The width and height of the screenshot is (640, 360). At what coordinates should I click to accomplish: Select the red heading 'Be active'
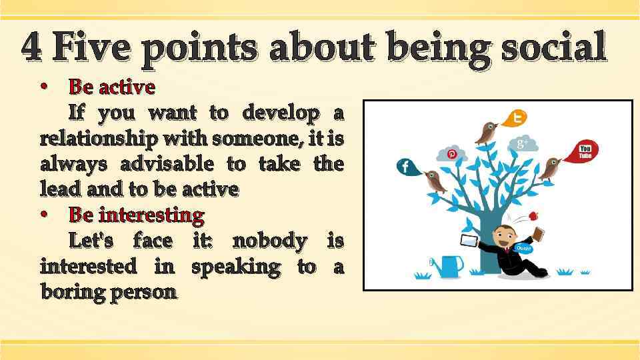click(x=112, y=87)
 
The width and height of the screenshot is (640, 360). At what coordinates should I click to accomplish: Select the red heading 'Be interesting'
click(x=137, y=215)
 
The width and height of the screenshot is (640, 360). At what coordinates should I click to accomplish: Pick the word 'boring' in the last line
click(x=70, y=292)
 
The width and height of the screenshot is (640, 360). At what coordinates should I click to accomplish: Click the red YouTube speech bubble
click(x=583, y=151)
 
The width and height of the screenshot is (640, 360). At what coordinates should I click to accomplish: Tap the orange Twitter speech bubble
click(x=515, y=118)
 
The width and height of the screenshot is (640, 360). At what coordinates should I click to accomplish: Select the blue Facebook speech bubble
click(x=407, y=167)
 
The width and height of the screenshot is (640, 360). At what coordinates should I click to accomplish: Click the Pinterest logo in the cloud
click(x=451, y=154)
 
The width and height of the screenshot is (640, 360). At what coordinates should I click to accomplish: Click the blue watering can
click(x=449, y=265)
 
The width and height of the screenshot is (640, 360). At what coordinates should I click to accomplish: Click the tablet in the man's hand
click(x=469, y=239)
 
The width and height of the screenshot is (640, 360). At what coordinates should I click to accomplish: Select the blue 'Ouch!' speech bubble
click(x=524, y=248)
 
